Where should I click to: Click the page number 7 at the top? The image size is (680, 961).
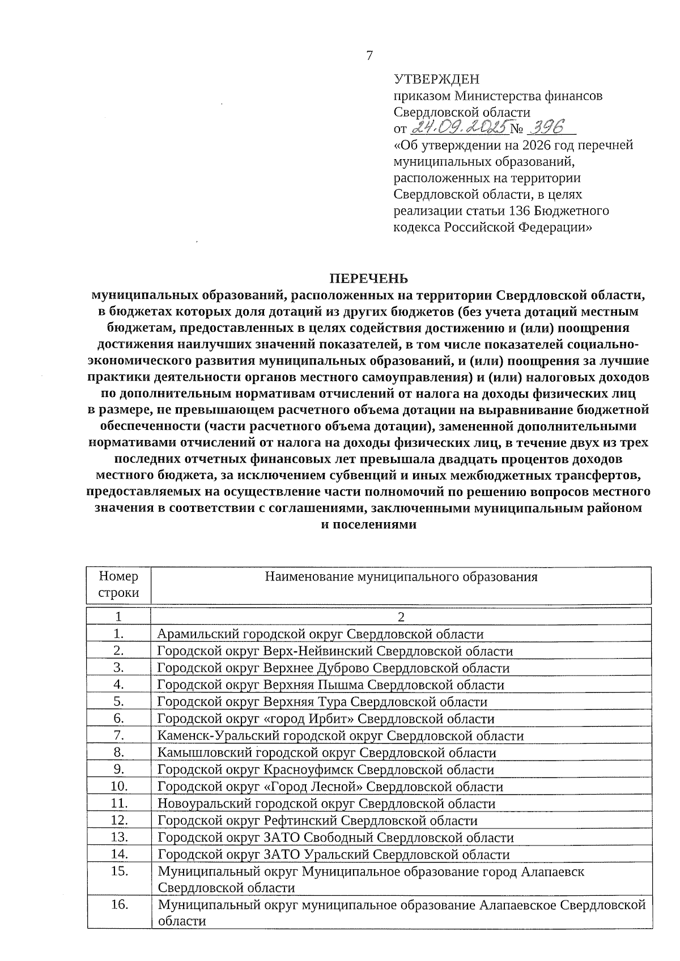[x=370, y=55]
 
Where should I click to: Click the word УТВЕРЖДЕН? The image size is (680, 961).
[x=436, y=79]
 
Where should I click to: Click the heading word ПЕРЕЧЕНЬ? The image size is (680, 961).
[x=369, y=279]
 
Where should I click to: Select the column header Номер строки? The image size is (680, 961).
[x=118, y=585]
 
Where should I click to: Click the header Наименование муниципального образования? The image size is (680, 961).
[x=401, y=577]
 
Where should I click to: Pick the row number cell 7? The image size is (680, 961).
[x=118, y=736]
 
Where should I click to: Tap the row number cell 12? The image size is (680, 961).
[x=118, y=820]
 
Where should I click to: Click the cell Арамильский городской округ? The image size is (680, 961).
[x=320, y=634]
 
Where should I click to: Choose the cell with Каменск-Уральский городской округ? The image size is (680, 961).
[x=340, y=736]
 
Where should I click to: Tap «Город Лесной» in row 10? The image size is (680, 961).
[x=314, y=787]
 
